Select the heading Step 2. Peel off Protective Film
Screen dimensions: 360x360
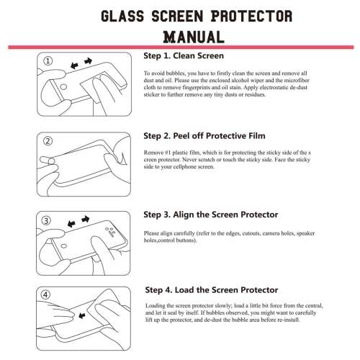point(203,135)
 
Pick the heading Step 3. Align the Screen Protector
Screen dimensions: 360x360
point(211,214)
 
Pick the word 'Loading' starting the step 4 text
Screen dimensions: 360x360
point(157,307)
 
